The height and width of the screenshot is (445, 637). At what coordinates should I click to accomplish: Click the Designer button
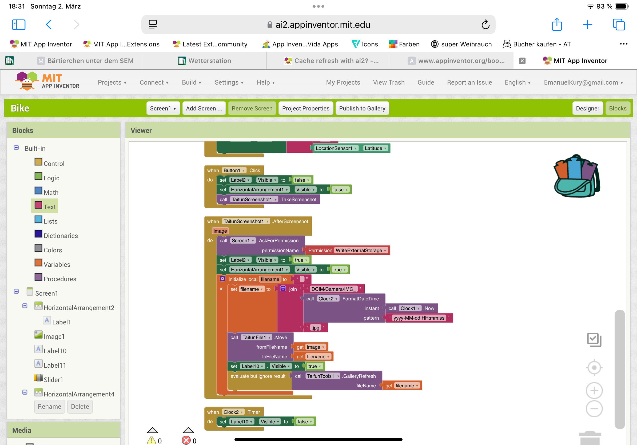pos(587,108)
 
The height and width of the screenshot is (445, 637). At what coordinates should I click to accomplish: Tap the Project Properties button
pos(305,108)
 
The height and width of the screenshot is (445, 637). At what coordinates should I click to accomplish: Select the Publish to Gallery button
pos(362,108)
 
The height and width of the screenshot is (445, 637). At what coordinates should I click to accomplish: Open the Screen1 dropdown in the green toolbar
pos(163,108)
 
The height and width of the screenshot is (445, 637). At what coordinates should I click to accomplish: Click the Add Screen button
pos(204,108)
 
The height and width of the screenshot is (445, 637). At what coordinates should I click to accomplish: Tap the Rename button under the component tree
pos(49,406)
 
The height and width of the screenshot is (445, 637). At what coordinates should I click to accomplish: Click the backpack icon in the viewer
pos(576,176)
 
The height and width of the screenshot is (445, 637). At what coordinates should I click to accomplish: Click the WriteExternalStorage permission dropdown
pos(360,250)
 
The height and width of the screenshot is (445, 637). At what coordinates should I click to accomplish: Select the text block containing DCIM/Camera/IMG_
pos(333,289)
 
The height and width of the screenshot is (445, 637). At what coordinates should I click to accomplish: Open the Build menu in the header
pos(192,82)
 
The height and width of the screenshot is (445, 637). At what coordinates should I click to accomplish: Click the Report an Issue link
pos(469,82)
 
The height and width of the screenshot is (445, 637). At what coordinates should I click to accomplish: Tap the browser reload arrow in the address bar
pos(485,25)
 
